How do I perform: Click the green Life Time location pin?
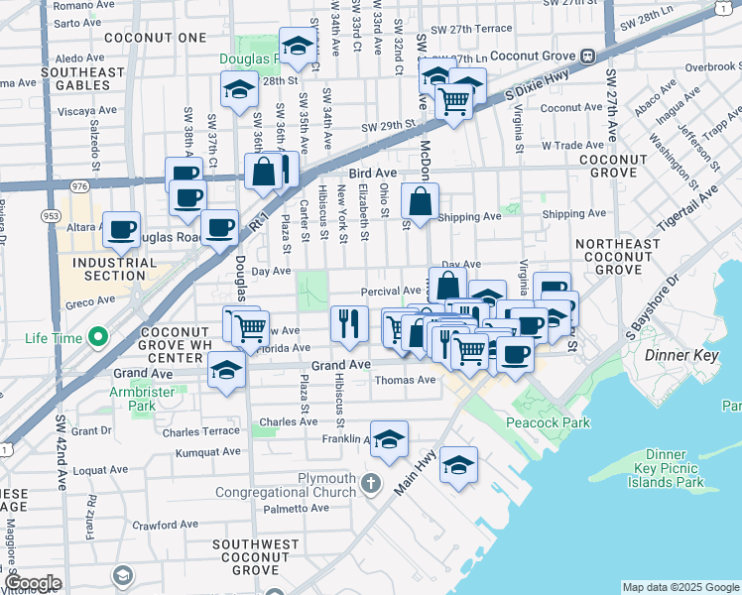(97, 339)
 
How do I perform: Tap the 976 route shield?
(79, 184)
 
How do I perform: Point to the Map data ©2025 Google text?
(679, 587)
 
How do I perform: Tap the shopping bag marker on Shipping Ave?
(421, 201)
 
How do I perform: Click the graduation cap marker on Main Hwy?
(459, 465)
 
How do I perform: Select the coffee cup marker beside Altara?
(122, 229)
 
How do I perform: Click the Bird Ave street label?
(372, 173)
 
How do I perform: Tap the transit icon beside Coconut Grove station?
(587, 56)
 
